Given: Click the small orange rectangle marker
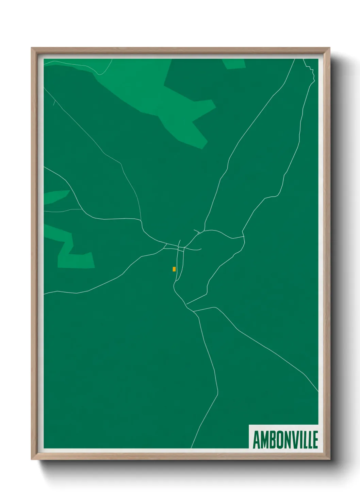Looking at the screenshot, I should [x=174, y=269].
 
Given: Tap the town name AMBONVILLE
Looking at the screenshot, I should [x=285, y=440].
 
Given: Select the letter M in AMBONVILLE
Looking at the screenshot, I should [x=264, y=440].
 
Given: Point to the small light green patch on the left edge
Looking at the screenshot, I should [x=54, y=197].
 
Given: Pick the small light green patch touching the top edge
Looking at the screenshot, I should [x=234, y=64].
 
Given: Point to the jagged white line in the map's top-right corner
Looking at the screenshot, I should [x=310, y=70].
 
